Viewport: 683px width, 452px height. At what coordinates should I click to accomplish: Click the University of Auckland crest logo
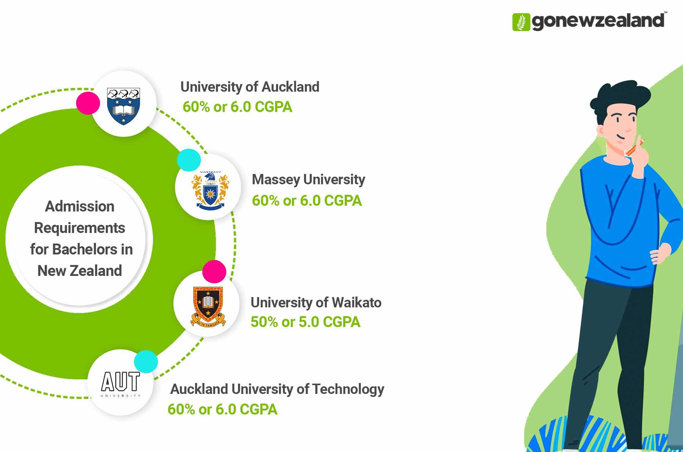tap(123, 106)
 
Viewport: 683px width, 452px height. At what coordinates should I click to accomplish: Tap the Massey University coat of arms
tap(210, 191)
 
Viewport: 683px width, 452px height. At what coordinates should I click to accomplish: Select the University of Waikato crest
tap(208, 306)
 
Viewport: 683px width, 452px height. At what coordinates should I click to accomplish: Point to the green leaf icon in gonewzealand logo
tap(521, 22)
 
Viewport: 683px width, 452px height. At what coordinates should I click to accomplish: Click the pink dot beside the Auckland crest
tap(88, 103)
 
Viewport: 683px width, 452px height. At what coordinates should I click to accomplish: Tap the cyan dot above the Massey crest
tap(189, 160)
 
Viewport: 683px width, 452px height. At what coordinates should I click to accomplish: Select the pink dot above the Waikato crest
tap(214, 271)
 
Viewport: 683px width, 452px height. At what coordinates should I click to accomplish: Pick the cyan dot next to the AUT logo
tap(146, 361)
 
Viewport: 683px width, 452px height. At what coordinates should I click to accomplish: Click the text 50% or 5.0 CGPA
tap(305, 322)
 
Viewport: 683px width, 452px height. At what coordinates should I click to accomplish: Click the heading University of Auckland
tap(250, 87)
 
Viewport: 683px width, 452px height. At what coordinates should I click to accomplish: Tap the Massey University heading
tap(308, 179)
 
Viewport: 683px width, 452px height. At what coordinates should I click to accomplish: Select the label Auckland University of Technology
tap(277, 389)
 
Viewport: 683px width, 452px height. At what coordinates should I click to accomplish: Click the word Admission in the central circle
tap(80, 207)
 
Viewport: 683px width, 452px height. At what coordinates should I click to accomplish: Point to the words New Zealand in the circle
tap(80, 270)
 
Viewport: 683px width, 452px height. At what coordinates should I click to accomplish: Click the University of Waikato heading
tap(316, 303)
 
